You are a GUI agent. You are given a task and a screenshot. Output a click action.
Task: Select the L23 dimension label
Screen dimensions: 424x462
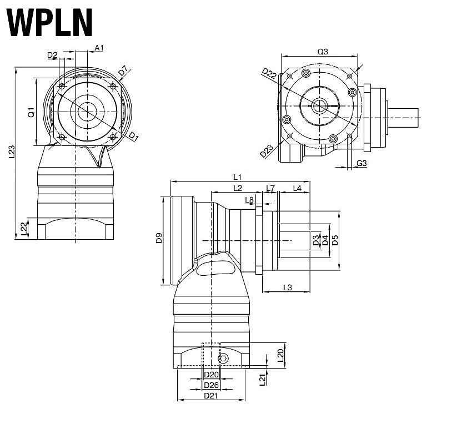tap(12, 153)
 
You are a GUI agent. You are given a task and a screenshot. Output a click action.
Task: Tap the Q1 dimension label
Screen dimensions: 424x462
tap(32, 112)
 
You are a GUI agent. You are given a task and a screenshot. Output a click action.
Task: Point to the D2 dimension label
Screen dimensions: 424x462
tap(52, 55)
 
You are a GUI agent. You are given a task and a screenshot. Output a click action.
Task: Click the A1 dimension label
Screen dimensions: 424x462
tap(99, 48)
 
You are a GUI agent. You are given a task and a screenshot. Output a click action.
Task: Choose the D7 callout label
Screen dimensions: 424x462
tap(123, 71)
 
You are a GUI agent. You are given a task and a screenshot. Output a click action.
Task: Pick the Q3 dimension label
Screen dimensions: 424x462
tap(323, 52)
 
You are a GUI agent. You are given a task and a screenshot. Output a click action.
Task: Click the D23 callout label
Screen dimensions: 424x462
tap(267, 150)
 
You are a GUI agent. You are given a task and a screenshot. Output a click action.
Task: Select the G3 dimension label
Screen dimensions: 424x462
tap(361, 163)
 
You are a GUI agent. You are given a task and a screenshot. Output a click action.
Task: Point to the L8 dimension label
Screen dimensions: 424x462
tap(249, 200)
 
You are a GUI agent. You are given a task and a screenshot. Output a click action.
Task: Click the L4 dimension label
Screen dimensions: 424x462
tap(297, 188)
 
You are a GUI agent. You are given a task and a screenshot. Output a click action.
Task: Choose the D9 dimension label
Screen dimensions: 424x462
tap(159, 239)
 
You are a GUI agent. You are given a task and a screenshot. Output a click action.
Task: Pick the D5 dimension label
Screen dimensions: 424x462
tap(334, 240)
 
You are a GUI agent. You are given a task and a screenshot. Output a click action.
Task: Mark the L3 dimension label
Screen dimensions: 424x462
tap(288, 287)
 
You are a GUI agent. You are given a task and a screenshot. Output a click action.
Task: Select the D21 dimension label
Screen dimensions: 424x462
tap(210, 396)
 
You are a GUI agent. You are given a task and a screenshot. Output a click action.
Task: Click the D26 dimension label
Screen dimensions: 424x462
tap(210, 385)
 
